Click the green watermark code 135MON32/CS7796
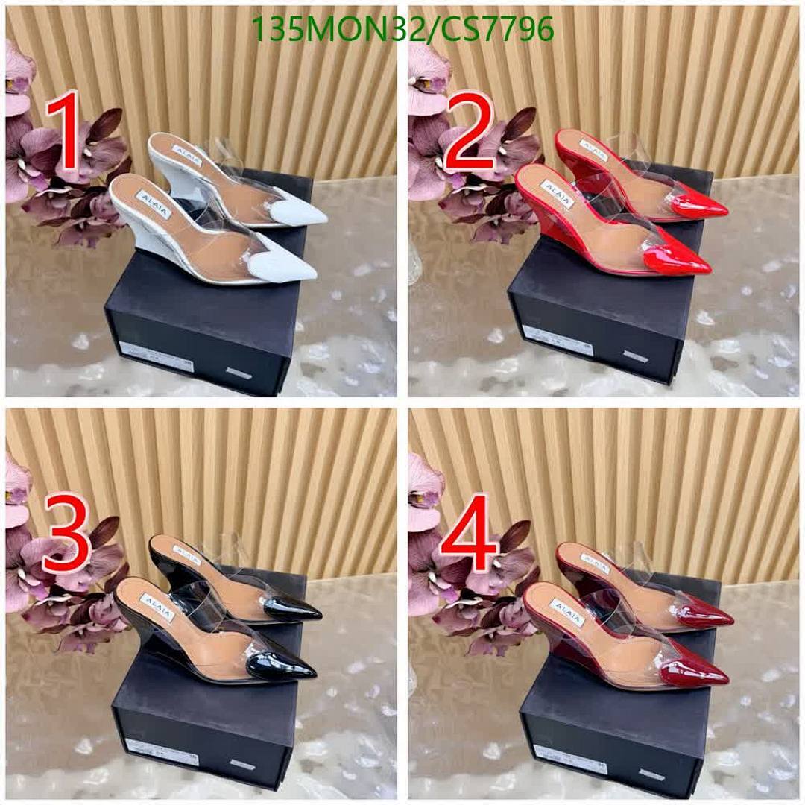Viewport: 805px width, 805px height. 402,29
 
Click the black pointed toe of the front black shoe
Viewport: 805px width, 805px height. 287,665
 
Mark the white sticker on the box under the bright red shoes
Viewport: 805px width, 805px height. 557,339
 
